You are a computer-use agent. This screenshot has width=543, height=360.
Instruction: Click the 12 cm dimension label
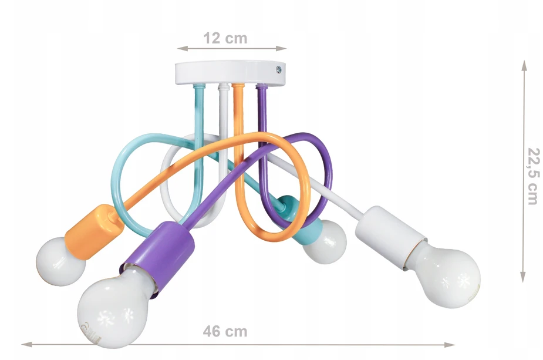[225, 38]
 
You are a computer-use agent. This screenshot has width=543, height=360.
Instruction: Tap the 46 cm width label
[225, 332]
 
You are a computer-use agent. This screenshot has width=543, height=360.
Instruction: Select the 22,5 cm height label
[533, 176]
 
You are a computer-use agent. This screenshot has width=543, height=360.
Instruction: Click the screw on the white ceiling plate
[279, 70]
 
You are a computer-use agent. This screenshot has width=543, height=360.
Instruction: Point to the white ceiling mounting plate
[230, 72]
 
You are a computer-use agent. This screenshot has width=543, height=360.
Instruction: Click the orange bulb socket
[95, 231]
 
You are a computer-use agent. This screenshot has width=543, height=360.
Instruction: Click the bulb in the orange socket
[60, 261]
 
